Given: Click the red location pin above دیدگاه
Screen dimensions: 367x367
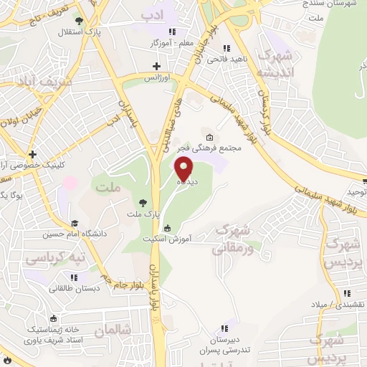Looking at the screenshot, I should (x=184, y=169).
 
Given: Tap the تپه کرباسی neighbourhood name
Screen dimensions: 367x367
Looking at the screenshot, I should (x=56, y=258).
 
